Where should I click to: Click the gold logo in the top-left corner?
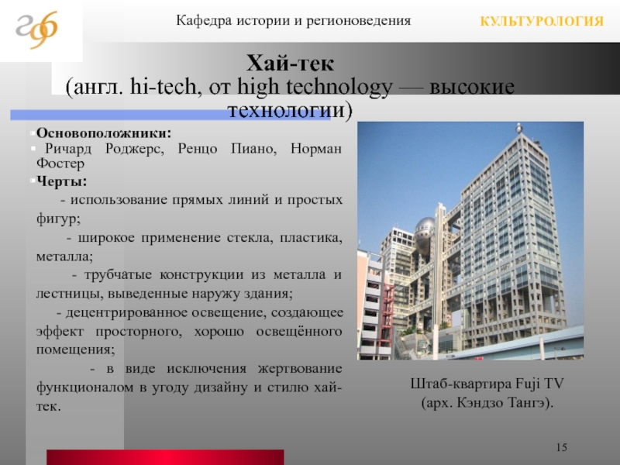click(36, 29)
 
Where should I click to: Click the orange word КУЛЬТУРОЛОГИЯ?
click(542, 21)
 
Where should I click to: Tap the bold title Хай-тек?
click(290, 64)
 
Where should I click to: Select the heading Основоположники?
click(104, 133)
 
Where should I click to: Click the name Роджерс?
click(134, 149)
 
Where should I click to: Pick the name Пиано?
click(254, 149)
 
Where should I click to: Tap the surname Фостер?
click(60, 163)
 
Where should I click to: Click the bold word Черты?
click(62, 181)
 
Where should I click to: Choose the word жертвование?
click(300, 369)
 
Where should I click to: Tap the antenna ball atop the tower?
click(519, 127)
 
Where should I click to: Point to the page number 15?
click(561, 447)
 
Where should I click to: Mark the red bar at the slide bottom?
click(165, 457)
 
